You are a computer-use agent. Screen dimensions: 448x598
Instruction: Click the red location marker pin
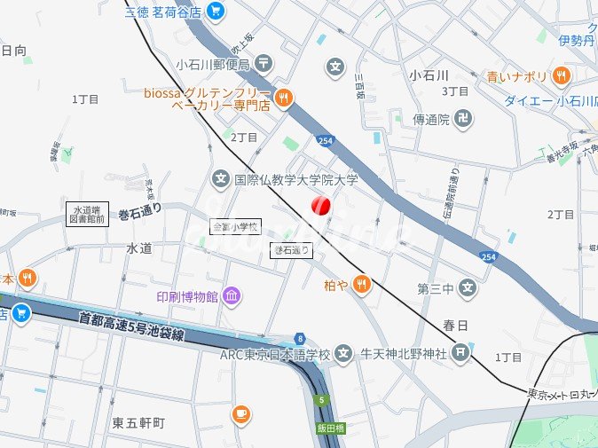point(321,206)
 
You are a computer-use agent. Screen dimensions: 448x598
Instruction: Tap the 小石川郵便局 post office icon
point(264,63)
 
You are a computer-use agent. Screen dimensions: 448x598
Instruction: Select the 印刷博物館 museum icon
point(232,296)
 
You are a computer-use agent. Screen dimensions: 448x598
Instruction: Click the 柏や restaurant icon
point(360,284)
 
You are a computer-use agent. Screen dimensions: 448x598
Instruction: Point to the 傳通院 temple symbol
point(463,118)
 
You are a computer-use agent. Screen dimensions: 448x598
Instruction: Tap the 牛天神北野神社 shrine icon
point(460,354)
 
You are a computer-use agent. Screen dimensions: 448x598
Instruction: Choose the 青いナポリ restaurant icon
point(561,76)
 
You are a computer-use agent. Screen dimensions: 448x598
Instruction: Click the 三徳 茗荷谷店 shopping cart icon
point(216,12)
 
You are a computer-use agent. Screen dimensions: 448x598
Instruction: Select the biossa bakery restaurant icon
point(283,98)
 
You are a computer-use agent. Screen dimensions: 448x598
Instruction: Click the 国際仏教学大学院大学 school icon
point(221,179)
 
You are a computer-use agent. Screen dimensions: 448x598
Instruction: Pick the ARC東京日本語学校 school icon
point(342,354)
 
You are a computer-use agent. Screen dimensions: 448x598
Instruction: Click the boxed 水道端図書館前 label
point(86,213)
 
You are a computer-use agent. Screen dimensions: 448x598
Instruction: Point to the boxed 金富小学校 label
point(235,227)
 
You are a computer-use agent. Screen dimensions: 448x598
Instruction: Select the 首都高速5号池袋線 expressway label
point(130,325)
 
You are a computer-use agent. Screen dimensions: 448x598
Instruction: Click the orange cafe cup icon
point(240,414)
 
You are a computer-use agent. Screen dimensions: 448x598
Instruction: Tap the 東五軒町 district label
point(138,422)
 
